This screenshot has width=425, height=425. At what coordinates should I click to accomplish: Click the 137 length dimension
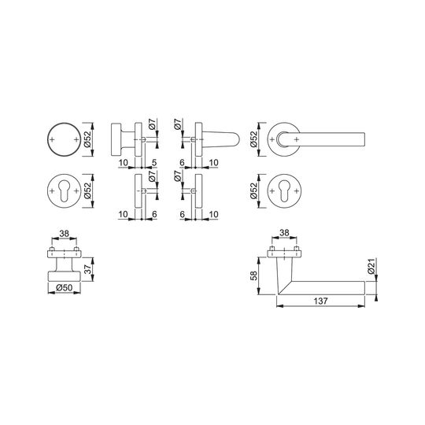coord(320,301)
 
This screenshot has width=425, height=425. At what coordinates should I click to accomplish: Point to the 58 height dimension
coord(254,275)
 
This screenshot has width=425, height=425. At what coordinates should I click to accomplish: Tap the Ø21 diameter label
coord(371,266)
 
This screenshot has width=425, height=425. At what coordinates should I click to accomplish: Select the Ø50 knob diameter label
coord(65,287)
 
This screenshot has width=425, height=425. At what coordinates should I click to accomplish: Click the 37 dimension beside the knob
coord(88,269)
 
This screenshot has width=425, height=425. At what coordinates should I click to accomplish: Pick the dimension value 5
coord(154,163)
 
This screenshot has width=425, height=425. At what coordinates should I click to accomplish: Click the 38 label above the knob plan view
coord(65,234)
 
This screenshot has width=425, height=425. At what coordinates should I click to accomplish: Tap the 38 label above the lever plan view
coord(284,233)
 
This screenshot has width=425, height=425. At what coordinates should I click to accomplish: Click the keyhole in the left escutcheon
coord(65,190)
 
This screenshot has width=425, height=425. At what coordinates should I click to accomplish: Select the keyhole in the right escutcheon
coord(284,190)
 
